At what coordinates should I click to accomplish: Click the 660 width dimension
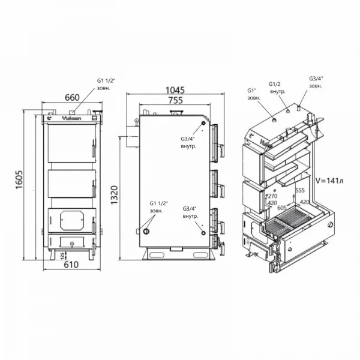pos(73,97)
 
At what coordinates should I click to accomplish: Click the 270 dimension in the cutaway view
pos(272,196)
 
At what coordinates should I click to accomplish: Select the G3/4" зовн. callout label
pos(316,82)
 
